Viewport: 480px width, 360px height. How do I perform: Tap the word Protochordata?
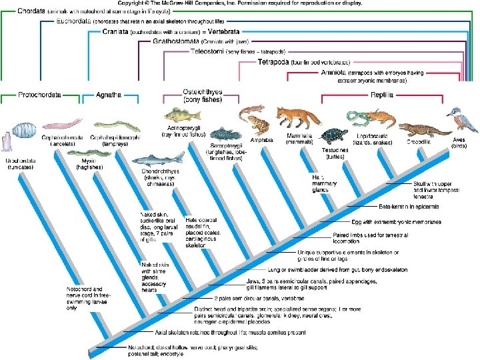tap(39, 95)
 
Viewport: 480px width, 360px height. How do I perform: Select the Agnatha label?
tap(109, 95)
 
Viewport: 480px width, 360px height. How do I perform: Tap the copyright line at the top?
tap(239, 3)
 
